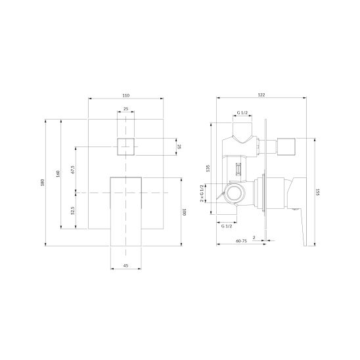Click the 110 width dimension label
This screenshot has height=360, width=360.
(126, 95)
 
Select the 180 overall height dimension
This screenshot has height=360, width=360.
(42, 183)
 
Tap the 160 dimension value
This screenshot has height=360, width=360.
(58, 173)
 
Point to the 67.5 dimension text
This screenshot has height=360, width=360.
(73, 169)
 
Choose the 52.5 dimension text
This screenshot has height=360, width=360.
(73, 210)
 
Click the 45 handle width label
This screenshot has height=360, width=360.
(125, 265)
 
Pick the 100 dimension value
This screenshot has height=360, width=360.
(184, 212)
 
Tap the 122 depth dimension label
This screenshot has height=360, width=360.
(261, 95)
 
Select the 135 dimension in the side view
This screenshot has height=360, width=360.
(208, 168)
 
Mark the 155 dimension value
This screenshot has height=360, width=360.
(318, 192)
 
